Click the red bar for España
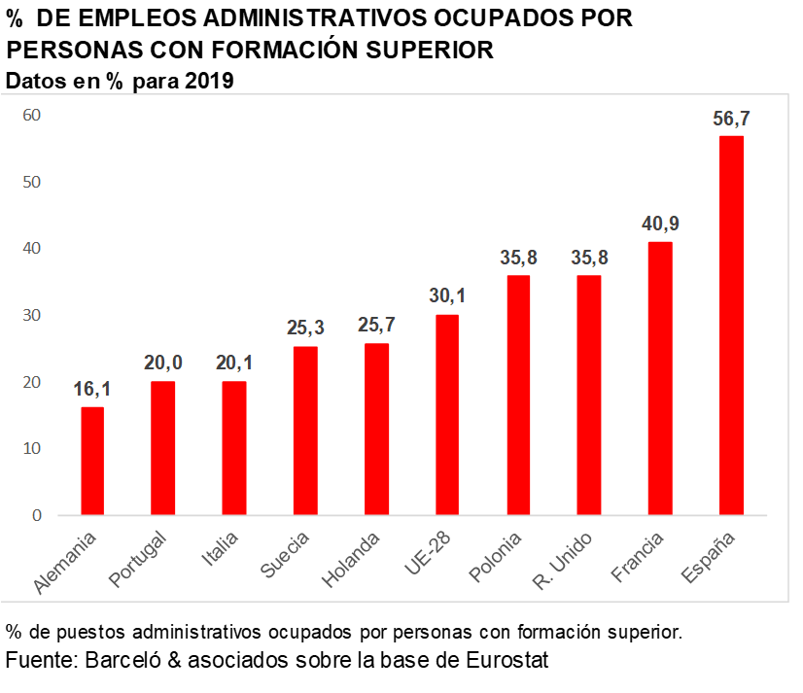coord(730,325)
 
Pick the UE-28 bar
coord(446,414)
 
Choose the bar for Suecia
coord(305,430)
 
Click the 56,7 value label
coord(731,119)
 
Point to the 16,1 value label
coord(92,390)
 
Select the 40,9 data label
coord(660,225)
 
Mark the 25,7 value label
coord(376,326)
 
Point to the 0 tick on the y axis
coord(36,515)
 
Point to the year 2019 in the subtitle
coord(205,82)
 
